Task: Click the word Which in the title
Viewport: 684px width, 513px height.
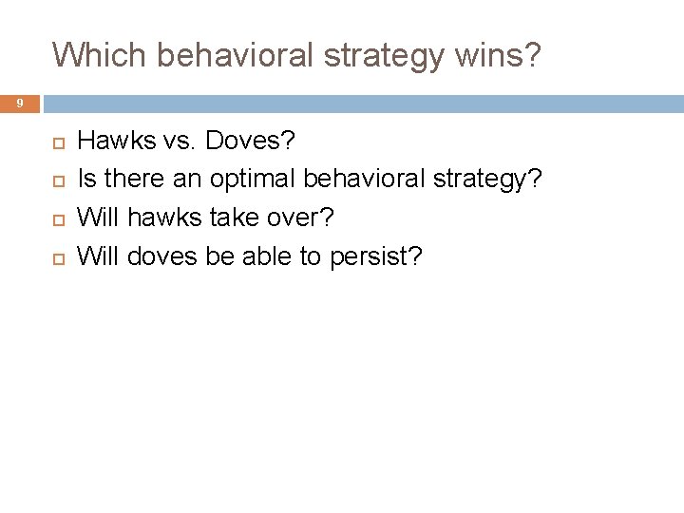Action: click(100, 55)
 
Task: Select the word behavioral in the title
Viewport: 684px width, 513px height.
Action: click(234, 55)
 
